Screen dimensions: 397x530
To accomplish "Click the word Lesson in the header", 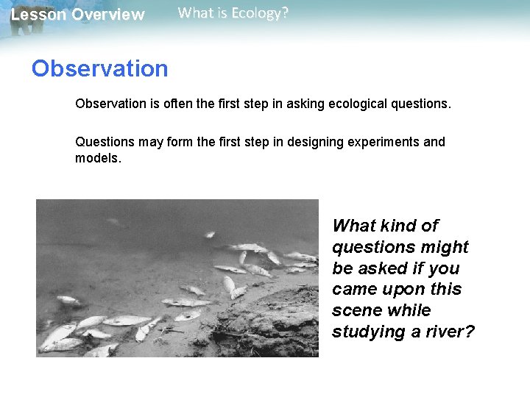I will tap(35, 15).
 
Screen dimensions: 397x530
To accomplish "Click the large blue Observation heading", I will tap(99, 68).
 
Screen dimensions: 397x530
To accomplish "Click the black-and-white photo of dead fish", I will tap(177, 278).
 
